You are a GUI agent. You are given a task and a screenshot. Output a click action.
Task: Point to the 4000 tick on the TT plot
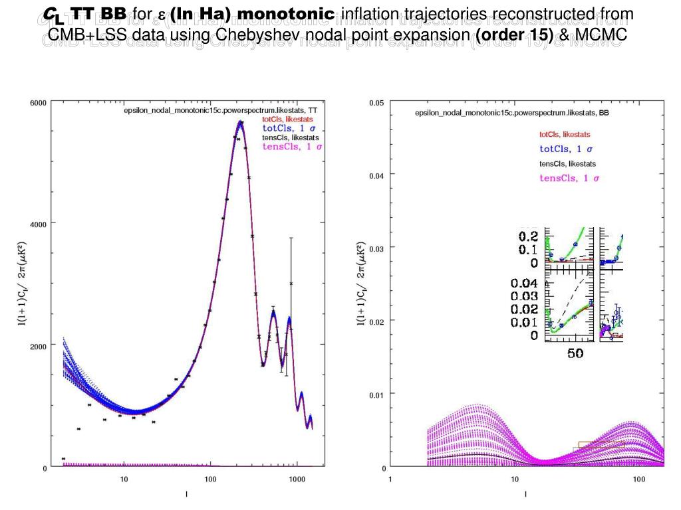pos(39,223)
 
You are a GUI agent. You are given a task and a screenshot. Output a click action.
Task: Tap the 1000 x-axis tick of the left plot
pos(297,479)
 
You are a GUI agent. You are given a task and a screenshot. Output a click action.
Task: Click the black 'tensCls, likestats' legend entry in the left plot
pos(290,137)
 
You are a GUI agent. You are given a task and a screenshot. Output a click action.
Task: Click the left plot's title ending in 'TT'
pos(220,111)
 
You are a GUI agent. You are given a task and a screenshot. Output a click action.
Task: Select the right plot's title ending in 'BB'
pos(511,113)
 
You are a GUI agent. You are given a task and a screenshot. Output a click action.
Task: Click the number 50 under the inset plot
pos(575,353)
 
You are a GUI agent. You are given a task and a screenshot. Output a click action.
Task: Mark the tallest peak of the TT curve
pos(241,122)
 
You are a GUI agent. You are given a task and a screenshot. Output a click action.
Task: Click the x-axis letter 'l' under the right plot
pos(525,493)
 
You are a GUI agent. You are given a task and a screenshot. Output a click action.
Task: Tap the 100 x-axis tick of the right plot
pos(638,479)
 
